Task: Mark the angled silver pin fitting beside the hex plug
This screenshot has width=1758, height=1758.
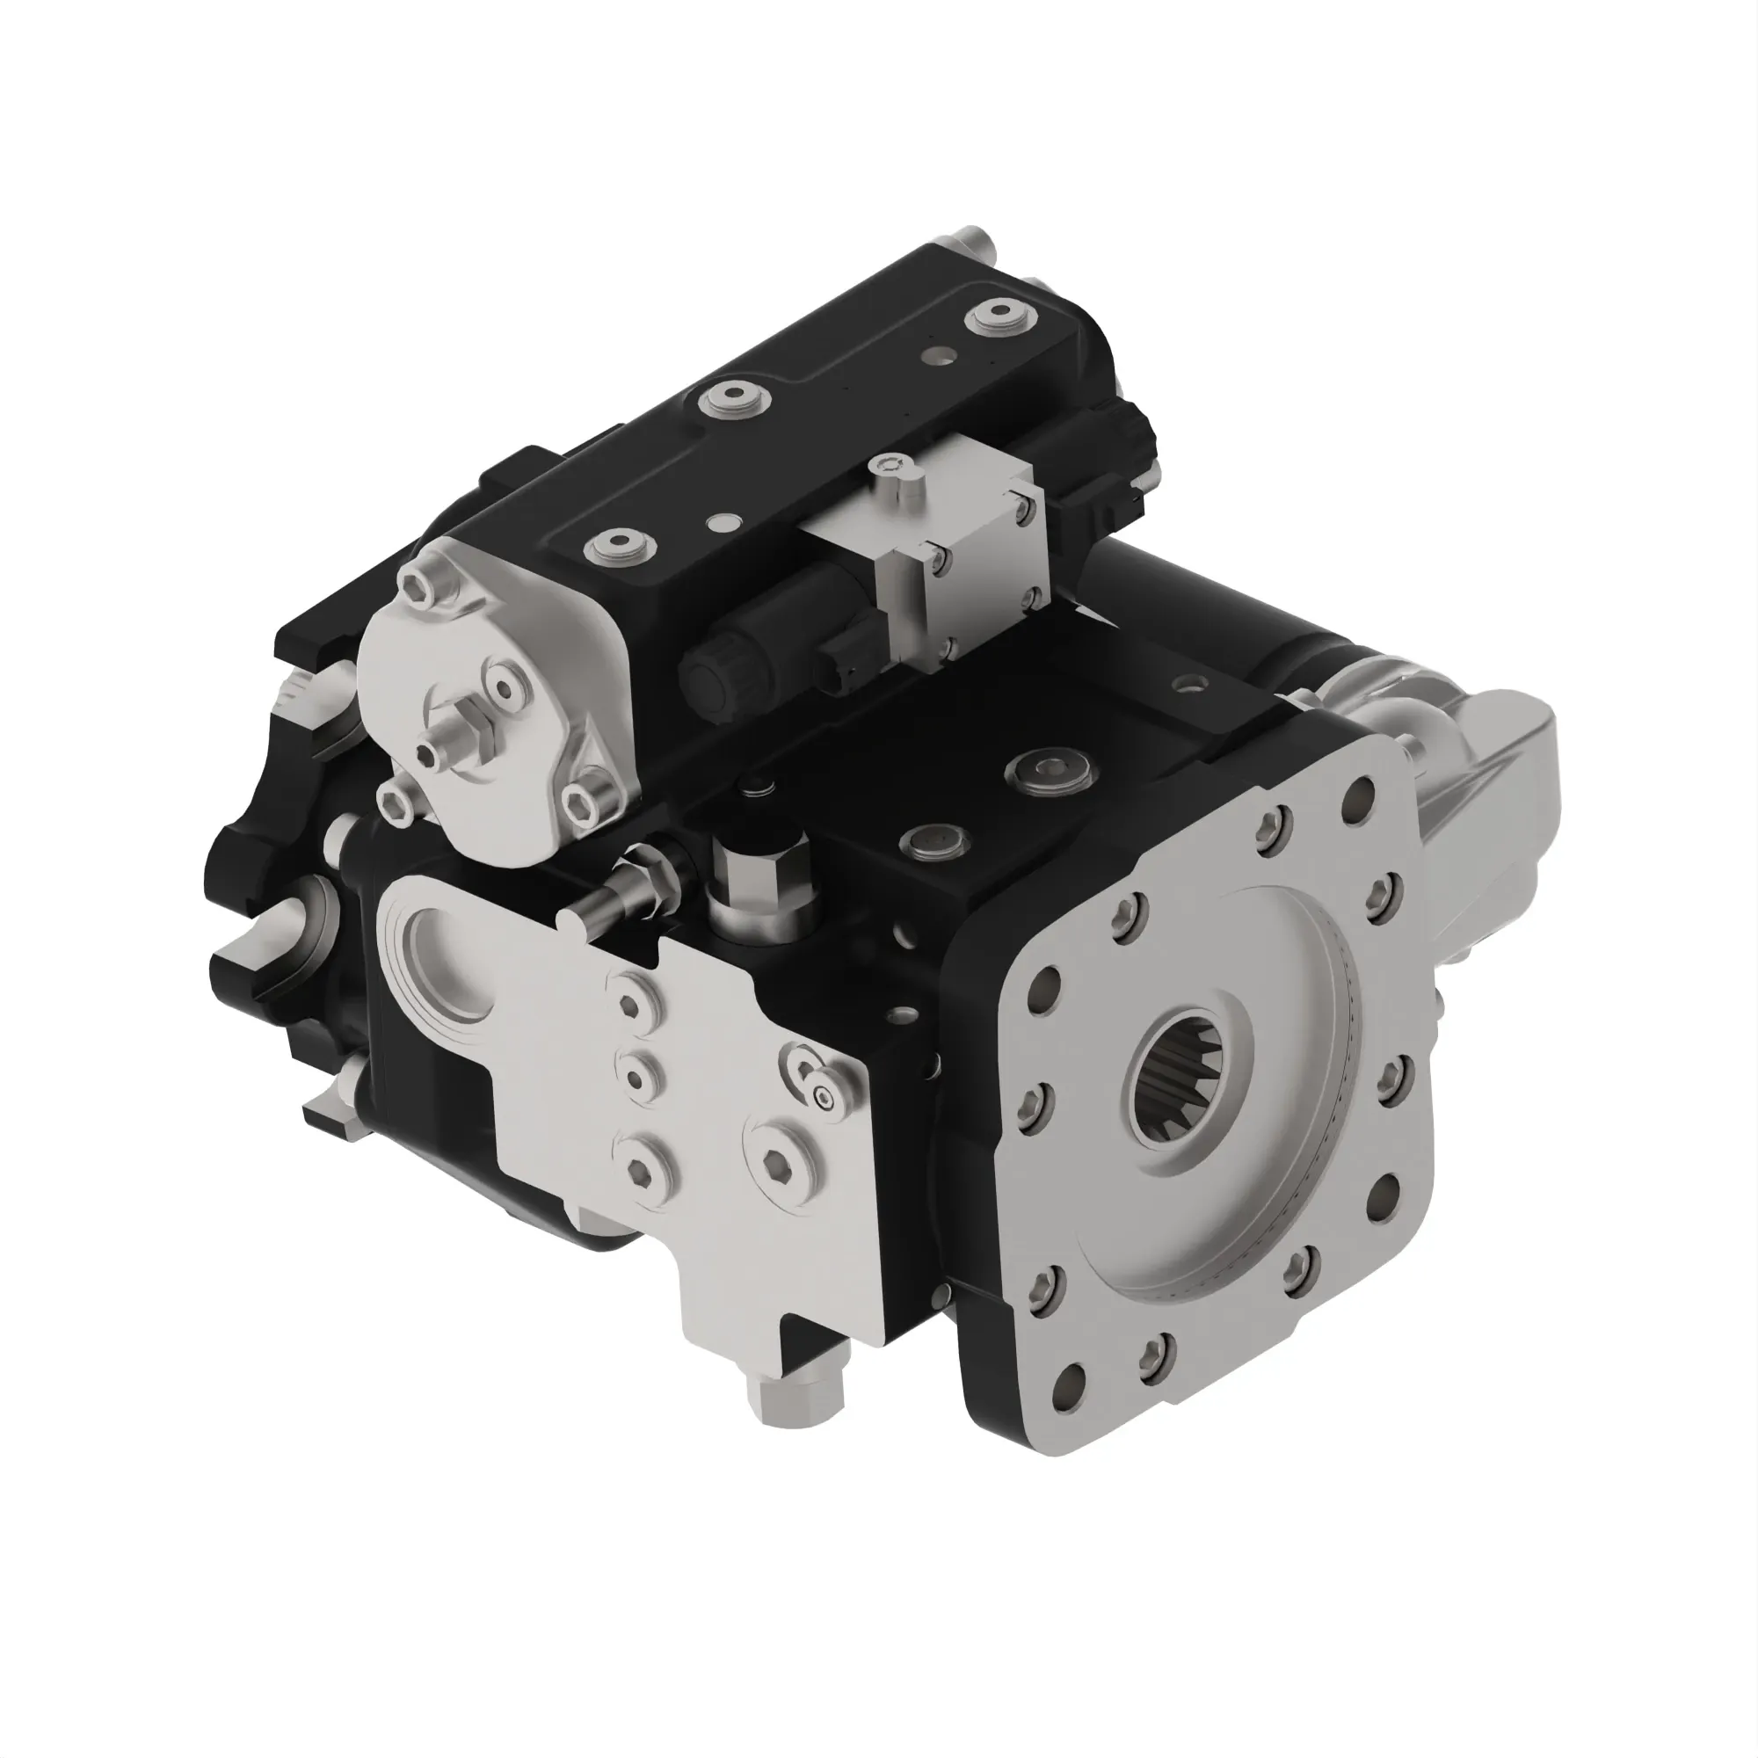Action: pos(628,890)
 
